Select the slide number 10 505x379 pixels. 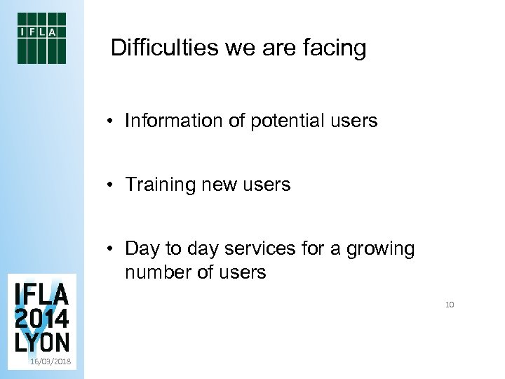[x=450, y=305]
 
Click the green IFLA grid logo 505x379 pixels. [x=41, y=38]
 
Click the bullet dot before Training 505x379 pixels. [x=112, y=185]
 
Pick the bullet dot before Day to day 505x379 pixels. [x=112, y=249]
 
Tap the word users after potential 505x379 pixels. [x=353, y=121]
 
